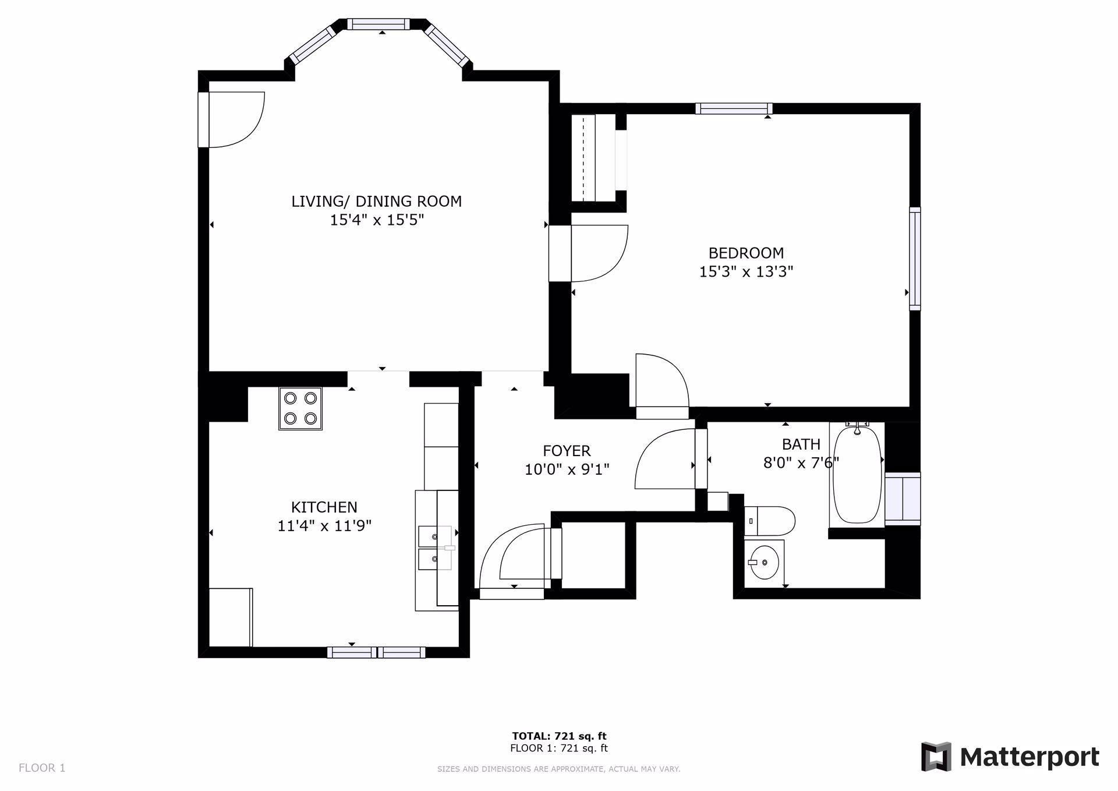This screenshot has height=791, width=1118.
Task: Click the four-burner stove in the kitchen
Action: click(x=300, y=409)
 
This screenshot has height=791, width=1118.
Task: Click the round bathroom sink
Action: click(x=764, y=563)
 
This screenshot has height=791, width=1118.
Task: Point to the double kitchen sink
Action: click(x=436, y=547)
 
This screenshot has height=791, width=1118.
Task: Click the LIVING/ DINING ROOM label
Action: click(x=376, y=202)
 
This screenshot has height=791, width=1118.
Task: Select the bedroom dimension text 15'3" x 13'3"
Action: click(x=746, y=272)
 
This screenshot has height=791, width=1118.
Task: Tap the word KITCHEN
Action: click(x=324, y=507)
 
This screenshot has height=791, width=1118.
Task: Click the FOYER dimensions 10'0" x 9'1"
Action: click(x=567, y=469)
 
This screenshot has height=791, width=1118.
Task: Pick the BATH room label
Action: click(x=801, y=444)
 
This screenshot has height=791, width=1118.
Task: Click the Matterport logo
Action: click(x=1010, y=757)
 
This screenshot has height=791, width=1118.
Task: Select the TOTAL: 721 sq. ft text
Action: click(x=559, y=736)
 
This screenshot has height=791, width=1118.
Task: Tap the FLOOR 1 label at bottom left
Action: click(x=42, y=768)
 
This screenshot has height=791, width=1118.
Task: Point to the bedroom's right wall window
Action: click(x=915, y=258)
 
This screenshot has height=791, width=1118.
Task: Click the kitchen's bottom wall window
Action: click(x=376, y=652)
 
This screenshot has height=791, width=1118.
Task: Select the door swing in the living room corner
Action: click(x=236, y=119)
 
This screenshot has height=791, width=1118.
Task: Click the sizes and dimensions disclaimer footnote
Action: click(x=558, y=769)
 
